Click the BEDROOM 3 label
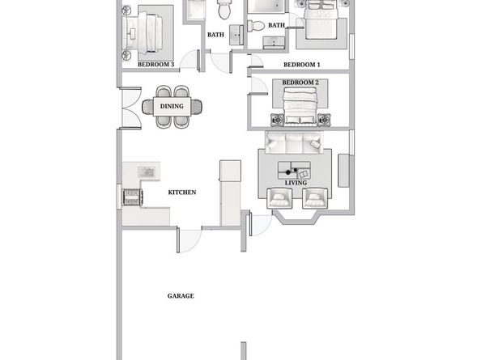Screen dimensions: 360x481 (x=156, y=63)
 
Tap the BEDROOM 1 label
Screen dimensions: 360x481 (x=301, y=64)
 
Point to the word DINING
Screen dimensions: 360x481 (x=171, y=106)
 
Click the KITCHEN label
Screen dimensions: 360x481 (x=182, y=193)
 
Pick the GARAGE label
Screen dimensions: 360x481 (x=181, y=296)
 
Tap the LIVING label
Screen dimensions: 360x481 (x=296, y=183)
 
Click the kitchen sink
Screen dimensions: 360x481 (x=147, y=172)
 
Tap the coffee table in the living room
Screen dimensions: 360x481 (x=294, y=170)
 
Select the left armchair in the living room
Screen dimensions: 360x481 (x=278, y=197)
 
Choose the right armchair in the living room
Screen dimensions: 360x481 (x=314, y=197)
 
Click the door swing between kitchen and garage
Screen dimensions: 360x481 (x=190, y=239)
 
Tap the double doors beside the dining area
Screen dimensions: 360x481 (x=127, y=106)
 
